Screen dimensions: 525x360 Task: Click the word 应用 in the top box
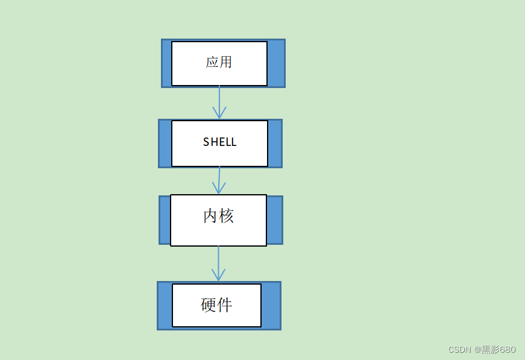click(219, 62)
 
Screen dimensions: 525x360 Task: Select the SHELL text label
click(219, 142)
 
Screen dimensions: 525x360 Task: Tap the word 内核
click(218, 216)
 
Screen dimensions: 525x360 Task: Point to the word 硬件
click(216, 305)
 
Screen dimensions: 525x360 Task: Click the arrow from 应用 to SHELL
click(219, 99)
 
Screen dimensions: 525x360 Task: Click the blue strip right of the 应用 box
click(276, 63)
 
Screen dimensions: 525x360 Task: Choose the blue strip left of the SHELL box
click(165, 144)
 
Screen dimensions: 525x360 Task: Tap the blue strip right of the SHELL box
click(275, 144)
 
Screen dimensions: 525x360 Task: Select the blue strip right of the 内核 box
click(274, 220)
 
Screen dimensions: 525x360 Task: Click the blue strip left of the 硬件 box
click(165, 306)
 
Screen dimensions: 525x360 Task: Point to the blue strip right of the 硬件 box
click(271, 306)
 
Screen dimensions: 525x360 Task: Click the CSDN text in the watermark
click(459, 350)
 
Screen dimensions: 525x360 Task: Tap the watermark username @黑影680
click(495, 350)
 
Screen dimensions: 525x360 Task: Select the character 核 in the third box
click(226, 216)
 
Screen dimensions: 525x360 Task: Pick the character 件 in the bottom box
click(224, 305)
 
